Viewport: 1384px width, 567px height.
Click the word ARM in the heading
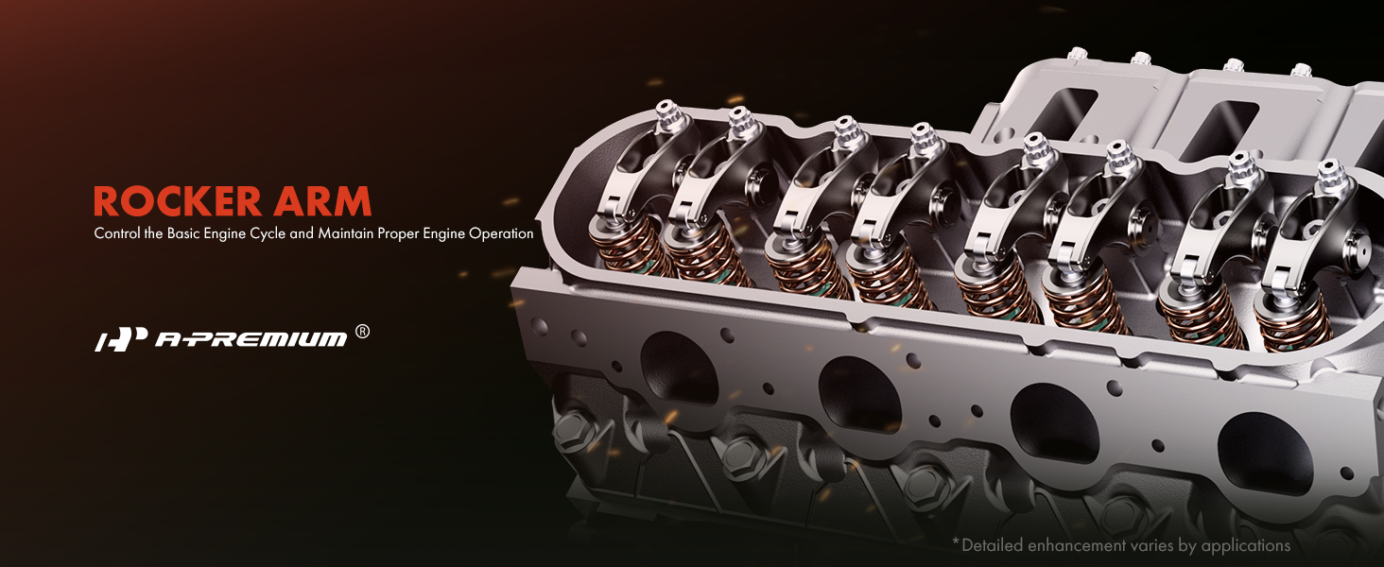pyautogui.click(x=322, y=201)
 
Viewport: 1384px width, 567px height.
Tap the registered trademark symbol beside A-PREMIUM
pyautogui.click(x=363, y=333)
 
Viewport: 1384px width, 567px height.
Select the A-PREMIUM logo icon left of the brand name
pyautogui.click(x=121, y=339)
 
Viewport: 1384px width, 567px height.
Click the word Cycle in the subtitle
pyautogui.click(x=268, y=233)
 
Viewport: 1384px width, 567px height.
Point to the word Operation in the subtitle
pyautogui.click(x=501, y=233)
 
